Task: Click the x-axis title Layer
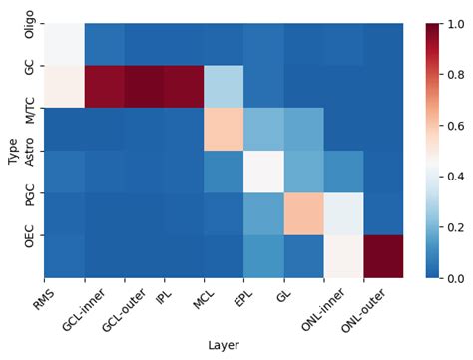pyautogui.click(x=225, y=345)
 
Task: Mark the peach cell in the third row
pyautogui.click(x=225, y=129)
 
